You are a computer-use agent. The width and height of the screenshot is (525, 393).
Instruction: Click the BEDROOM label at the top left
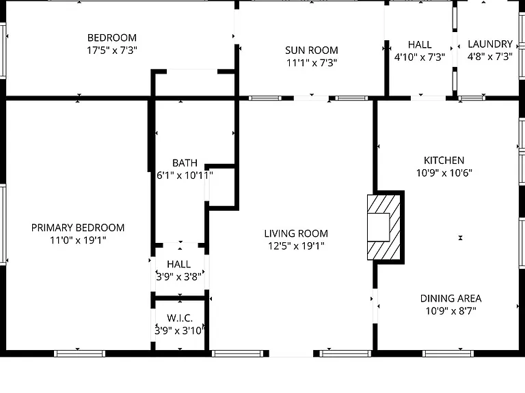[x=112, y=38]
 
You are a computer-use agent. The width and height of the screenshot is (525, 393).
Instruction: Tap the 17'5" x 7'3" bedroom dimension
[x=112, y=50]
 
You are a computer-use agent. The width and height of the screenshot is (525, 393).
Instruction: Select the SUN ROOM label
[x=312, y=50]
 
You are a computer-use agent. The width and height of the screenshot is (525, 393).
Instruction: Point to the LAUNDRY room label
[x=490, y=44]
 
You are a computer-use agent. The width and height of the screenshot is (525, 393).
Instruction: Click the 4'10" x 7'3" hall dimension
[x=420, y=57]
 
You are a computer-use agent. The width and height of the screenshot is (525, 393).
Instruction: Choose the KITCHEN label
[x=444, y=160]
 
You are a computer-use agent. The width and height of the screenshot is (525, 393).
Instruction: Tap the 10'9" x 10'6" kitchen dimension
[x=444, y=173]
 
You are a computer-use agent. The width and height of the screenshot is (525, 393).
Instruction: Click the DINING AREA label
[x=450, y=298]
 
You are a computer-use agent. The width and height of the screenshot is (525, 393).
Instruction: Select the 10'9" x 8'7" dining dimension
[x=450, y=311]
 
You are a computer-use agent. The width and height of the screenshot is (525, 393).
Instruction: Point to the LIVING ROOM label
[x=296, y=233]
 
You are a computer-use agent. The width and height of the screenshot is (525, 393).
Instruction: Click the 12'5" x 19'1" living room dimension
[x=296, y=246]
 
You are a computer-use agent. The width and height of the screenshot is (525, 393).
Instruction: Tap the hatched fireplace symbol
[x=383, y=227]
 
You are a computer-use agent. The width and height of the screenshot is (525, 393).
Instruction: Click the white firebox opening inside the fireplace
[x=378, y=227]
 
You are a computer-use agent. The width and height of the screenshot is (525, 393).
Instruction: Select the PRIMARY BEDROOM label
[x=78, y=228]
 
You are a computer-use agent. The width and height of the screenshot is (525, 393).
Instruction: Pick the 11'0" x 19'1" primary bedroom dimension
[x=78, y=240]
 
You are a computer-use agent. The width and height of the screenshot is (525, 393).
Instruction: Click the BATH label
[x=185, y=163]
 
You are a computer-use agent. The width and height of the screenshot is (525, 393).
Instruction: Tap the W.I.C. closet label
[x=180, y=318]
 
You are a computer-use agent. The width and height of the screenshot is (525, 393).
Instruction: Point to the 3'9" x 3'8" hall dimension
[x=179, y=277]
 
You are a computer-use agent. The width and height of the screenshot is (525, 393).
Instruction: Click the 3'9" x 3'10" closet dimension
[x=179, y=331]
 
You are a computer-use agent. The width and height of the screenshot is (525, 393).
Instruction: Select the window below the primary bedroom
[x=80, y=353]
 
